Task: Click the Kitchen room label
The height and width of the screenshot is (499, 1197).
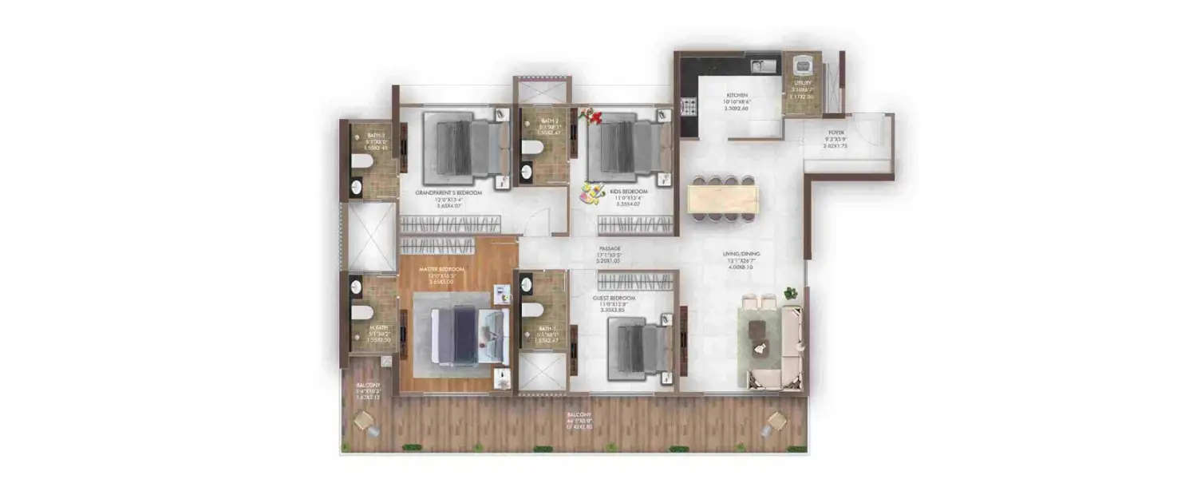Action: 736,95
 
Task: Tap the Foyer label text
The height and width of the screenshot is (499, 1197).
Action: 836,134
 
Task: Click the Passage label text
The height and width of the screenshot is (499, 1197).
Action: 610,248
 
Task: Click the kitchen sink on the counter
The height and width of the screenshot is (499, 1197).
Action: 764,66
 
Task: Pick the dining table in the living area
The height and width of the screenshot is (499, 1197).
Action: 723,200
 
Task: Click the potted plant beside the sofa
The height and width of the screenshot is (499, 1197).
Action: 790,293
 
